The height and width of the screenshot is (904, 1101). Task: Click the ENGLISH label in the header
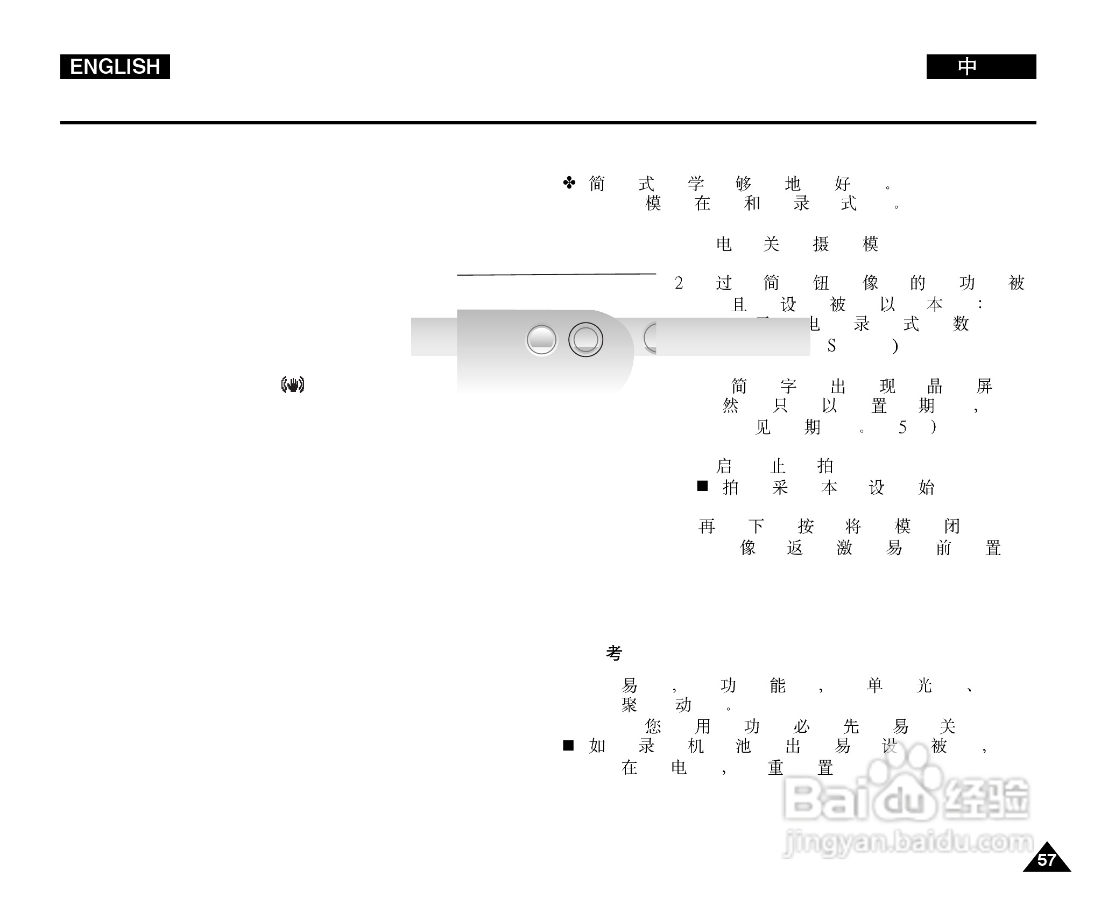[x=115, y=67]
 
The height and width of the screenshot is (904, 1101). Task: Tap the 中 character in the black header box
[x=967, y=67]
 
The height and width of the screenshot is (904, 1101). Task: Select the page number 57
[x=1046, y=860]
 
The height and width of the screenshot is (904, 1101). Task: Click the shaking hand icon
[x=293, y=384]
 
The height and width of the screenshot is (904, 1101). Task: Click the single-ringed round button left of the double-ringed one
[x=541, y=340]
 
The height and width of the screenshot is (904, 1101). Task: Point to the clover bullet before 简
[x=569, y=183]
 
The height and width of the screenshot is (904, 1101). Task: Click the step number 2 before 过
[x=679, y=283]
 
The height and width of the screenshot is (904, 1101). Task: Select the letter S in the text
[x=831, y=346]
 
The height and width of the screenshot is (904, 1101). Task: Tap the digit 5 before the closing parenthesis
[x=902, y=428]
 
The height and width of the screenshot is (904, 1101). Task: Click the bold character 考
[x=614, y=653]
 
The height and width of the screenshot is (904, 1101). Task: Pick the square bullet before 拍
[x=702, y=486]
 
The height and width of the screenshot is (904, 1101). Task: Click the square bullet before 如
[x=568, y=746]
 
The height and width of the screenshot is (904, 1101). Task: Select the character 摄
[x=821, y=244]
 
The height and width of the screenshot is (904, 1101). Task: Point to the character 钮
[x=821, y=283]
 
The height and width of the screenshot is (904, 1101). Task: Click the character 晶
[x=935, y=386]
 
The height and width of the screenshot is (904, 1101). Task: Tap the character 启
[x=724, y=466]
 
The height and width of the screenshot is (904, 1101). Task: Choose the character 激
[x=844, y=548]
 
